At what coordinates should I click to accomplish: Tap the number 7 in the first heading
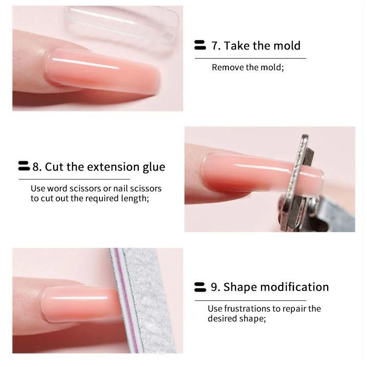click(215, 45)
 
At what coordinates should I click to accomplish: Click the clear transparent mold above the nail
click(122, 26)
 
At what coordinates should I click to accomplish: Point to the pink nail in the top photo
click(102, 72)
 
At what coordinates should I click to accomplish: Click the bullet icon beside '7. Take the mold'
click(200, 45)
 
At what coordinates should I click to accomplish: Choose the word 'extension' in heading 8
click(113, 167)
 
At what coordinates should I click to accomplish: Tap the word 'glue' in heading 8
click(154, 167)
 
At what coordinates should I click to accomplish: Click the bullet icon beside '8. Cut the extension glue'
click(24, 166)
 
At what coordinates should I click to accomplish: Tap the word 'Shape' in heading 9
click(240, 287)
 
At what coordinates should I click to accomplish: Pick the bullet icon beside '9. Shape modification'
click(200, 287)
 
